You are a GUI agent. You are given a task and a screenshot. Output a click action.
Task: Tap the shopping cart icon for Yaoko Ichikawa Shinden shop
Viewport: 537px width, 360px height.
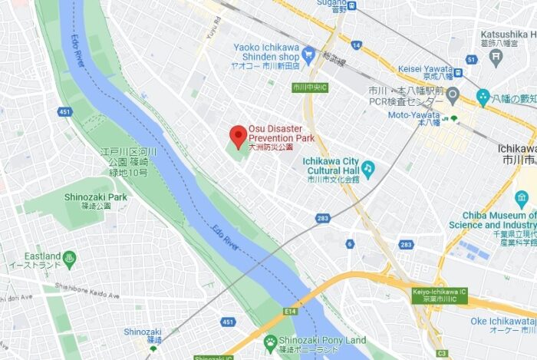(x=308, y=53)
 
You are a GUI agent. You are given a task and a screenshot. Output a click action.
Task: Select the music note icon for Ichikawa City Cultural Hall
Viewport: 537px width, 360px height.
(x=368, y=167)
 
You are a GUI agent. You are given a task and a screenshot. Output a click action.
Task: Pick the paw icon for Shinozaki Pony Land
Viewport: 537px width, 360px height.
(x=270, y=342)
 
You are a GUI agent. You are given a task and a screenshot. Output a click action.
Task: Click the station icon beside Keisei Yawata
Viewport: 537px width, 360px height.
(x=458, y=74)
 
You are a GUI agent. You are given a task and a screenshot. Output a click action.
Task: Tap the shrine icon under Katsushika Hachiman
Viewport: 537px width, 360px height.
(x=483, y=97)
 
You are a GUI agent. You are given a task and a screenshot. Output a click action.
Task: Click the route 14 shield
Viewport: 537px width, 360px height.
(x=357, y=45)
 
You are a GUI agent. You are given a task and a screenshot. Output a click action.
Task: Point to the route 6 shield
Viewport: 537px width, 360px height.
(x=350, y=244)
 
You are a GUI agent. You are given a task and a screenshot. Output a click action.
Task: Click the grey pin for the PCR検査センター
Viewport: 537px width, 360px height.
(x=453, y=96)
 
